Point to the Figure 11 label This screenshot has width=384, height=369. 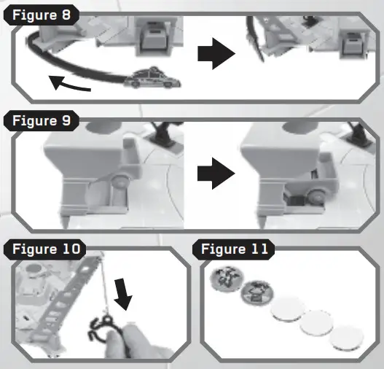(233, 249)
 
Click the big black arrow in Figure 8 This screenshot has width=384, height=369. (216, 55)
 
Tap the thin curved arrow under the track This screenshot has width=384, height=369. (69, 85)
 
